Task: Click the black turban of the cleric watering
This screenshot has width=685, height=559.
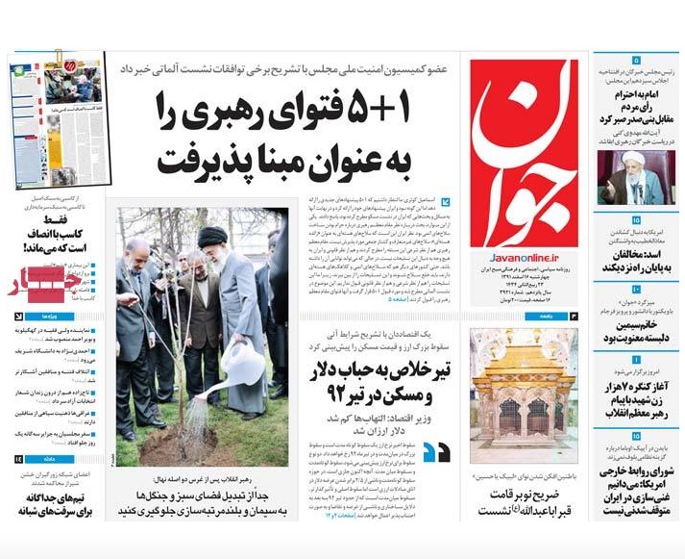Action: coord(213,236)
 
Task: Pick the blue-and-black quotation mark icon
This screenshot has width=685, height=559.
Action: coord(436,452)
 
